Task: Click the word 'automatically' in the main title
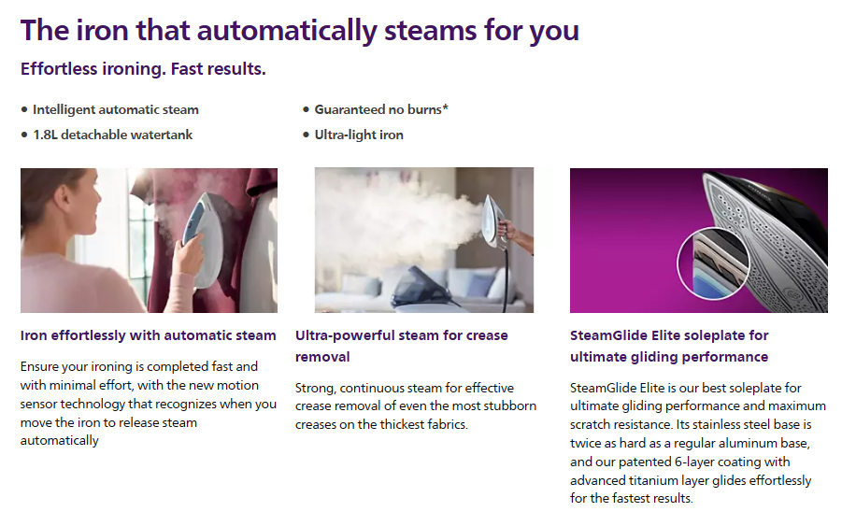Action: [x=287, y=31]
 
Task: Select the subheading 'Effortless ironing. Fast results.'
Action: [x=143, y=69]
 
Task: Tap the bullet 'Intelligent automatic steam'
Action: [x=116, y=109]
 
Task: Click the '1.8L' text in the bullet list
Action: [x=45, y=135]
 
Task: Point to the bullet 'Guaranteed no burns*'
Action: [x=381, y=109]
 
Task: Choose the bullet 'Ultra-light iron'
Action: [x=359, y=135]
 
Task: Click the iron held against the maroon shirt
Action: [x=203, y=237]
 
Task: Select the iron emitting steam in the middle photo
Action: [x=494, y=221]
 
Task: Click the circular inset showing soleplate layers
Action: [x=713, y=263]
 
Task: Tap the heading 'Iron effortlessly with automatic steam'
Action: [x=149, y=335]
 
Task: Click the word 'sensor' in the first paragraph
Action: [x=38, y=405]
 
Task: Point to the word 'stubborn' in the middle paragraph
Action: [x=509, y=405]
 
